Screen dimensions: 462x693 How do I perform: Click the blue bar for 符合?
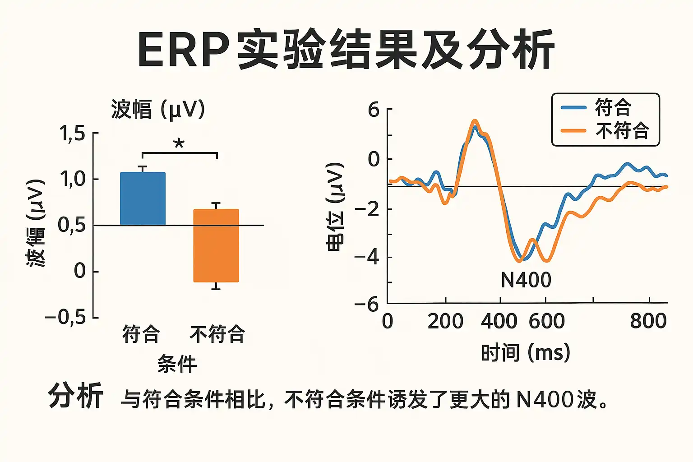click(143, 199)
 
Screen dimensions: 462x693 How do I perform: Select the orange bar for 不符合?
click(216, 245)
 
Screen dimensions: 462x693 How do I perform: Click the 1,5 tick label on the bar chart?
click(72, 134)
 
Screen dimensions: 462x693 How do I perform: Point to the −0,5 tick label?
click(66, 318)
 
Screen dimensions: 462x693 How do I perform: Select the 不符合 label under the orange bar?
click(217, 334)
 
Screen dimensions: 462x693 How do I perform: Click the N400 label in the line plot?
click(526, 280)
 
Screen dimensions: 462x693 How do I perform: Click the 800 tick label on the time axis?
click(648, 321)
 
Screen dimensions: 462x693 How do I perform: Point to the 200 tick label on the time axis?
click(445, 321)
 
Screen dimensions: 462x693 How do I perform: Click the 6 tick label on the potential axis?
click(374, 110)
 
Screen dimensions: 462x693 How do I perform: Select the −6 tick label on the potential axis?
click(367, 305)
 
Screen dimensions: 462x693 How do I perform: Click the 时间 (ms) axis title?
click(526, 352)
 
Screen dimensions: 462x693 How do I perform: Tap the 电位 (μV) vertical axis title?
click(335, 207)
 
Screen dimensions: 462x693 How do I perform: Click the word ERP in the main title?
click(182, 50)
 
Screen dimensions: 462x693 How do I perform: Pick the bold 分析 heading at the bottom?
click(76, 396)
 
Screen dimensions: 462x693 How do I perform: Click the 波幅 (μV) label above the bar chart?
click(158, 110)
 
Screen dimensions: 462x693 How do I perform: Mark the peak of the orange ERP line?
click(474, 120)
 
